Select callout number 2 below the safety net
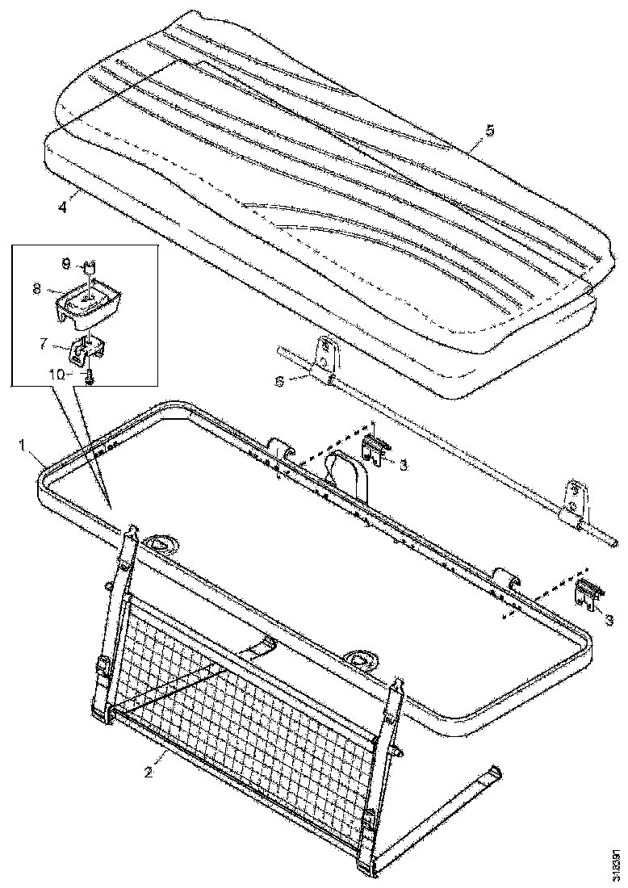[148, 773]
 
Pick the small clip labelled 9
[91, 266]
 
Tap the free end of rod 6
[612, 542]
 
